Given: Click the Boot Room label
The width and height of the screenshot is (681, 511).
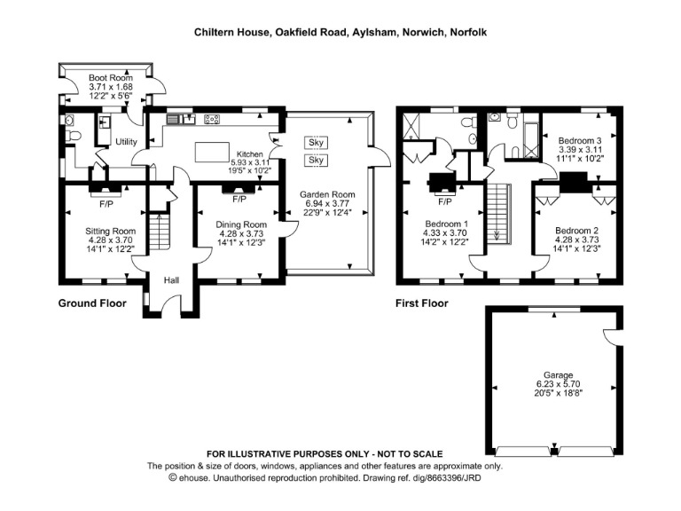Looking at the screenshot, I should click(x=110, y=78).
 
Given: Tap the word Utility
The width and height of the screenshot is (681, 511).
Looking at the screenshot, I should click(x=125, y=142).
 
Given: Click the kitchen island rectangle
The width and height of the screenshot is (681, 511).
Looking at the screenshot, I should click(x=210, y=152).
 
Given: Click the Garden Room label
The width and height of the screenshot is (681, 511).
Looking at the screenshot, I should click(x=327, y=194).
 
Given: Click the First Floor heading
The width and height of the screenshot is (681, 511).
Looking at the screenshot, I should click(x=422, y=303).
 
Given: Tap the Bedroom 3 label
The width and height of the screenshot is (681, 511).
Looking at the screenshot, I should click(x=580, y=140).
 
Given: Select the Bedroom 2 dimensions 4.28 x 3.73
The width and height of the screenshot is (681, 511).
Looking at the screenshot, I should click(x=577, y=239).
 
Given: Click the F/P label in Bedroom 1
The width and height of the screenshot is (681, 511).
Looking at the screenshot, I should click(x=444, y=201).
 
